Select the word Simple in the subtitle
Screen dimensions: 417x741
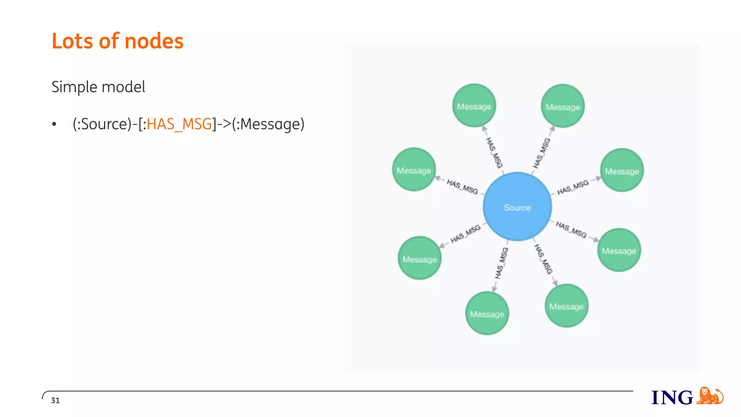[75, 87]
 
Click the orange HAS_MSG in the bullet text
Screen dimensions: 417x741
[179, 124]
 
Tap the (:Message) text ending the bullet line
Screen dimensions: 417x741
[268, 124]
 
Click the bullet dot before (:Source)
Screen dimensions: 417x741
[54, 125]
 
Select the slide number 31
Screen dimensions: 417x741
[55, 400]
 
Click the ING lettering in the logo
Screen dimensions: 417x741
[672, 397]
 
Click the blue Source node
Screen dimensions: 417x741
[517, 207]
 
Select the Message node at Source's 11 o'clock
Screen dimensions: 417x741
[474, 106]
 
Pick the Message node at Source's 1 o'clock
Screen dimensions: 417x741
[563, 106]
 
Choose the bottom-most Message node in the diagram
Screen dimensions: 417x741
[487, 313]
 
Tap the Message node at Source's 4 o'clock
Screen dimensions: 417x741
[619, 250]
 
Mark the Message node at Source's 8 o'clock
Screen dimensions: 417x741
[420, 258]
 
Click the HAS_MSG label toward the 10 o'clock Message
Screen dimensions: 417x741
[462, 186]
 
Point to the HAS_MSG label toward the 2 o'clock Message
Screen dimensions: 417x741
[573, 187]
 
